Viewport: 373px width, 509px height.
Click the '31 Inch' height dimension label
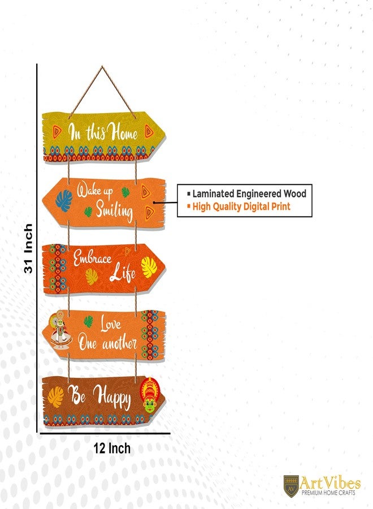[x=29, y=248]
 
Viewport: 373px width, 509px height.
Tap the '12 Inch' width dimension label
[x=112, y=448]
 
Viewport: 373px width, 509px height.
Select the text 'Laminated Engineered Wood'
[x=249, y=194]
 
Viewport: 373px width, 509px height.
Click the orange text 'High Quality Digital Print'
[x=241, y=206]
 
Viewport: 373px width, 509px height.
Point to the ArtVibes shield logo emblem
[x=290, y=486]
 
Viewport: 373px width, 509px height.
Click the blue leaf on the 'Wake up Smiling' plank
[x=64, y=200]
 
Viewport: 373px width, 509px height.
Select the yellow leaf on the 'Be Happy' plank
[x=56, y=396]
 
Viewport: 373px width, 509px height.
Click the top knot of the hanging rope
[x=102, y=67]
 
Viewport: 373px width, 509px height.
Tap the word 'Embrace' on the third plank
[x=92, y=258]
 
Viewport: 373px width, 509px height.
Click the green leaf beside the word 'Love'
[x=89, y=322]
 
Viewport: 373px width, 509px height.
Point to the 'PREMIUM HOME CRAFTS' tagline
[x=328, y=493]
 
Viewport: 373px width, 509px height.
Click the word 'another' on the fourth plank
[x=119, y=343]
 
